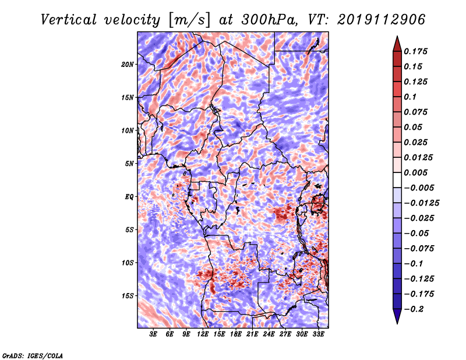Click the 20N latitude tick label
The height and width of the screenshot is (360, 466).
[x=127, y=65]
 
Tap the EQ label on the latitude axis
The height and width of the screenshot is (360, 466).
[x=129, y=197]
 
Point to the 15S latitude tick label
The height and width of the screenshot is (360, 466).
[x=127, y=296]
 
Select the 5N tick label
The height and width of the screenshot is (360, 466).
[x=129, y=164]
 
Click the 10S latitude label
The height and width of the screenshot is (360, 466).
[x=127, y=263]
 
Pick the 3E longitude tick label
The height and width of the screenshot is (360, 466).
[x=153, y=334]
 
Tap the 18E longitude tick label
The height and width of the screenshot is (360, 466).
[x=236, y=334]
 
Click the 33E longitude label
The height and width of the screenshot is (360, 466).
[x=318, y=334]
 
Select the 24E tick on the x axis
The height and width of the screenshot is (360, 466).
[x=269, y=334]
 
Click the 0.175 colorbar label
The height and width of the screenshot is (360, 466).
[x=415, y=51]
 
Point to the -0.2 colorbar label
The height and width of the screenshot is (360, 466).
[x=414, y=309]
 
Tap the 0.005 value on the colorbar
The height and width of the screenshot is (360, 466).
[x=415, y=172]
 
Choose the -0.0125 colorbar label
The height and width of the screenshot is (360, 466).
[x=421, y=203]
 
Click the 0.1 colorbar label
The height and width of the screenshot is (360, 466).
[x=410, y=97]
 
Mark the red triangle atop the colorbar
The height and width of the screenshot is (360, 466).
[x=397, y=44]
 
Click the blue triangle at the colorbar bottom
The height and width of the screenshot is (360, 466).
[x=397, y=316]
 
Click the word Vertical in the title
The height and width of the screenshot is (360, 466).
[x=69, y=20]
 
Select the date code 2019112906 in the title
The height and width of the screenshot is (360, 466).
[x=382, y=20]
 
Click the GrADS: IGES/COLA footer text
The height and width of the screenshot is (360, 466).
[x=33, y=355]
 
